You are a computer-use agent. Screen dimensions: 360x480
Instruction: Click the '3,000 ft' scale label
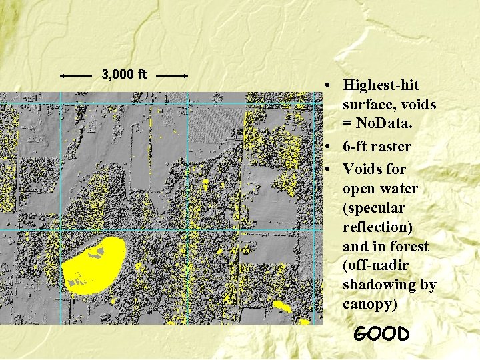click(x=124, y=73)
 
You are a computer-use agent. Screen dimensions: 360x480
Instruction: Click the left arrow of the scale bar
click(x=75, y=76)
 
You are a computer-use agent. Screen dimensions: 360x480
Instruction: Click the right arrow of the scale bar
click(x=173, y=76)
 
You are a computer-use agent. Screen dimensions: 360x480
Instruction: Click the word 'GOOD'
click(x=381, y=333)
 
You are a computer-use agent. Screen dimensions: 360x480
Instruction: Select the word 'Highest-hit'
click(x=381, y=85)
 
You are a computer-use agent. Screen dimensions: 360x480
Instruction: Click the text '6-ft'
click(x=357, y=147)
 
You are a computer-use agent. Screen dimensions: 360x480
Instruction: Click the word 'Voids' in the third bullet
click(x=364, y=169)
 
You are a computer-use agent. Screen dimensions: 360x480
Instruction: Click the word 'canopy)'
click(x=369, y=305)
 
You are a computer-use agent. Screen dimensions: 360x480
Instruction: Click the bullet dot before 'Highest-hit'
click(x=329, y=86)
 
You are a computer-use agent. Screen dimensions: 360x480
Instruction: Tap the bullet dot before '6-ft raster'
click(x=329, y=147)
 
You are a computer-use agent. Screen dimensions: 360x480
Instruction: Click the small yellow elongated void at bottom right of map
click(x=283, y=307)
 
